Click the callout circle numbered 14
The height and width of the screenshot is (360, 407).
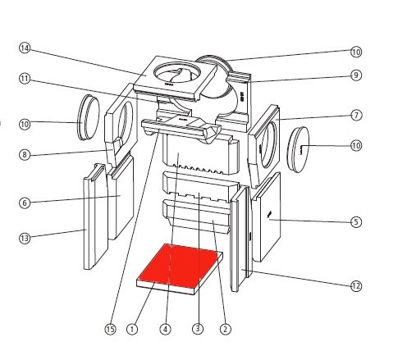(x=25, y=48)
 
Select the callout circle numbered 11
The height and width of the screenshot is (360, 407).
(x=25, y=79)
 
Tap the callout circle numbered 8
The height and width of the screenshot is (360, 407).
(x=25, y=155)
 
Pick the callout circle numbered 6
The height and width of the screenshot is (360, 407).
(x=25, y=203)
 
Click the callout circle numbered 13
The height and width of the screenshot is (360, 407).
(x=25, y=238)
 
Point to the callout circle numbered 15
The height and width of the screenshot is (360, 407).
(x=110, y=329)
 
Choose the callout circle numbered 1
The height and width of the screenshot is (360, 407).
(x=132, y=329)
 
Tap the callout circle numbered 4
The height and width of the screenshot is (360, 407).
(x=165, y=329)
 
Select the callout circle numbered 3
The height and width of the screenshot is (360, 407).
(x=198, y=328)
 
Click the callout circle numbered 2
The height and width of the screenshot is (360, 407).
(x=225, y=329)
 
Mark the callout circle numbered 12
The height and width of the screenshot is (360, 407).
(x=356, y=286)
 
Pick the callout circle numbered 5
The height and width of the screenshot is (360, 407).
(x=356, y=221)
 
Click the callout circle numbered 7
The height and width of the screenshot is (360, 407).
(x=356, y=116)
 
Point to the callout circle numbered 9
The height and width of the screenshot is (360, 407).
(x=356, y=75)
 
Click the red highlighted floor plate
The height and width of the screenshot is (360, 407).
(x=179, y=265)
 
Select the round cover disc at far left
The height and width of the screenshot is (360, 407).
(x=89, y=117)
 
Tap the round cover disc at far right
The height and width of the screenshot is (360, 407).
(x=298, y=149)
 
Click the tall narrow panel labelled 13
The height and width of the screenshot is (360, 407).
(x=94, y=216)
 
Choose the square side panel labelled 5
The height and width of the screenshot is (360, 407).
(x=266, y=217)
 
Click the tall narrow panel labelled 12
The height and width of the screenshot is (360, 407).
(x=240, y=239)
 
